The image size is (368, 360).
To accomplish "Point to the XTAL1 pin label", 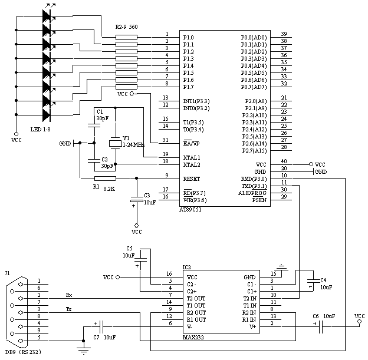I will coord(192,157).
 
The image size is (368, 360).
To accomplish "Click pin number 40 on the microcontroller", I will coord(284,161).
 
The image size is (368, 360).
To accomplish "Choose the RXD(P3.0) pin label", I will coord(254,178).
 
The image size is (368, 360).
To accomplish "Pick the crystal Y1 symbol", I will coord(114,144).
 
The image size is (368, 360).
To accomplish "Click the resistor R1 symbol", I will coord(105,178).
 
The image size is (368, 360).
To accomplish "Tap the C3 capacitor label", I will coord(147,194).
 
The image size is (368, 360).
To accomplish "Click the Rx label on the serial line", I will coord(69,295).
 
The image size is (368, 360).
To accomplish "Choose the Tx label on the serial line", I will coord(69,309).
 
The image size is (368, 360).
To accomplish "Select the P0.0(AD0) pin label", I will coord(254,37).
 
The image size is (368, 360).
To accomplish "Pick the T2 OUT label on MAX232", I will coord(196,298).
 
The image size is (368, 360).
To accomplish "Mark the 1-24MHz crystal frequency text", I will coord(134,144).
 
